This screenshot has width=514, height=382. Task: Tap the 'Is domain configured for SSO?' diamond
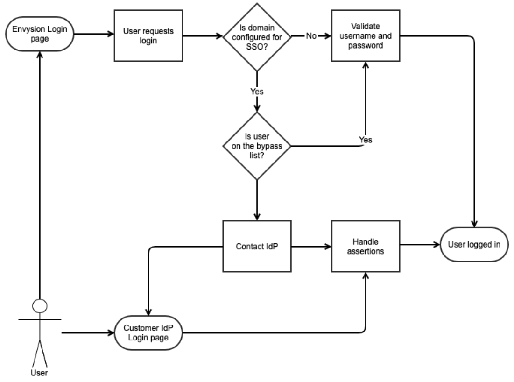tap(256, 36)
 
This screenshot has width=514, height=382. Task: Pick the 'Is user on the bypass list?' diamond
tap(256, 146)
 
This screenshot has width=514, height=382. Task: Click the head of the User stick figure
tap(40, 307)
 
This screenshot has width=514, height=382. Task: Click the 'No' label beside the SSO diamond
tap(311, 35)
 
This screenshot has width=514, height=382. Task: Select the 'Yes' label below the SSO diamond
tap(256, 92)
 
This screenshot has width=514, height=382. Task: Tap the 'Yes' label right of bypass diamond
tap(365, 139)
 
